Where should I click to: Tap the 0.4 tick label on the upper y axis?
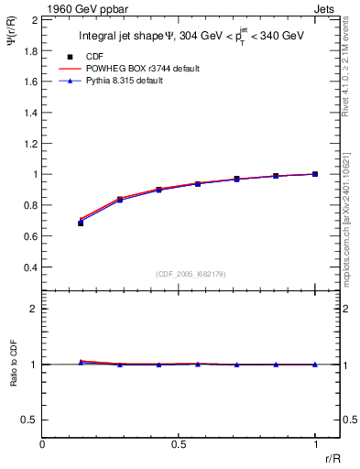tap(30, 267)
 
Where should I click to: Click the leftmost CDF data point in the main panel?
tap(82, 223)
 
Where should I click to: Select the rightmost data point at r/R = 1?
tap(315, 174)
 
